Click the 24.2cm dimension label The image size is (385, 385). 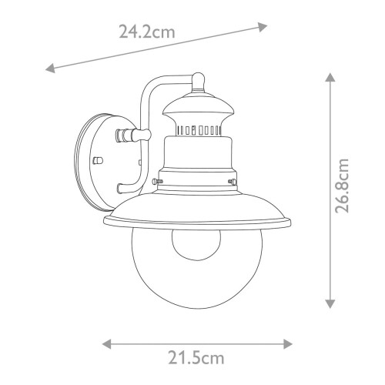click(146, 32)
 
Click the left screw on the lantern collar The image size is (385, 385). click(156, 180)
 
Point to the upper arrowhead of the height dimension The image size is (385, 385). click(329, 77)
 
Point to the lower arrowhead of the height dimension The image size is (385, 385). click(329, 303)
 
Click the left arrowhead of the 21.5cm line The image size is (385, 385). click(105, 343)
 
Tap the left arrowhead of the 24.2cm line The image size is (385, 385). click(49, 69)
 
